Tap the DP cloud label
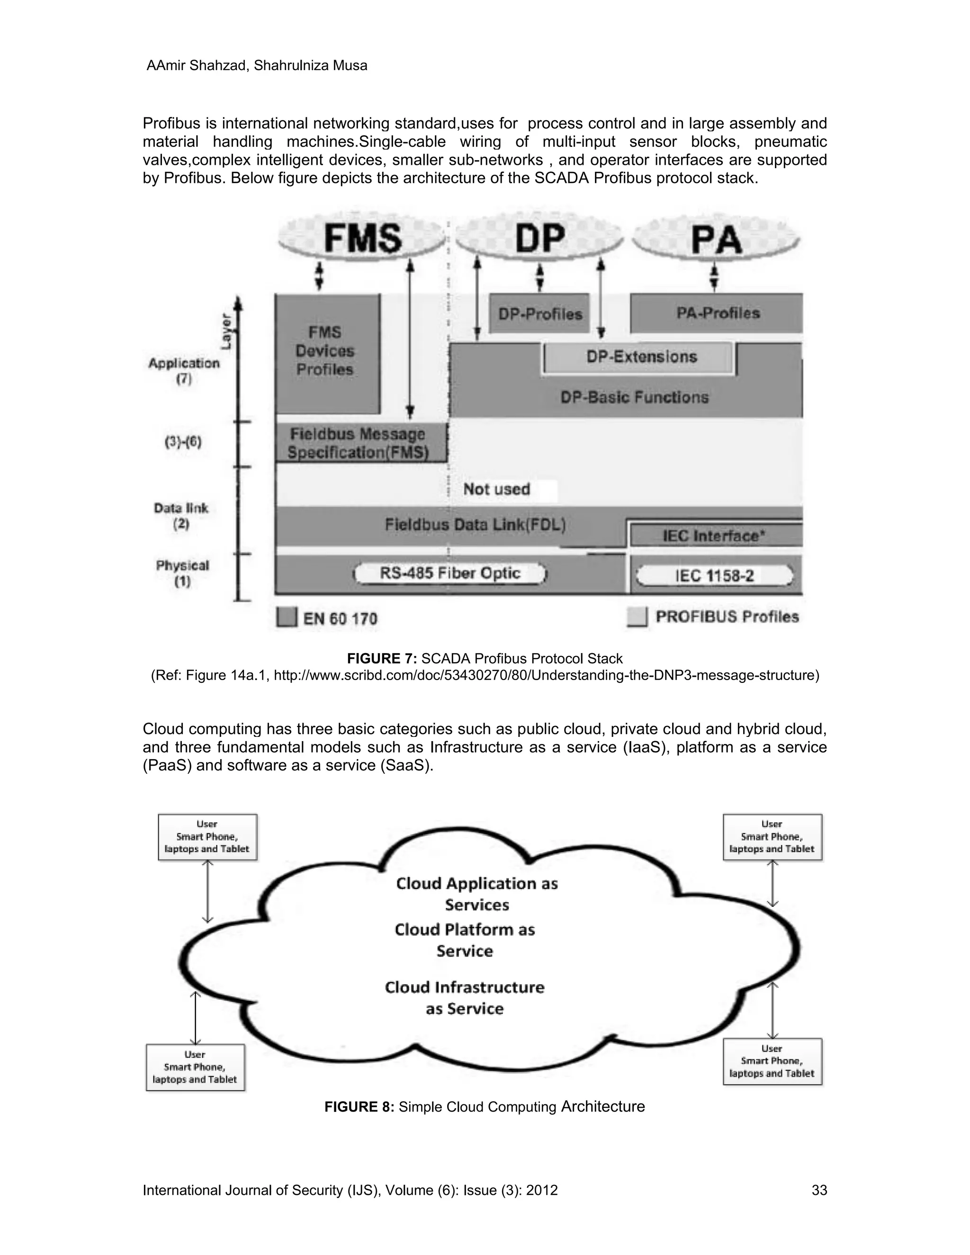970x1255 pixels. click(x=539, y=239)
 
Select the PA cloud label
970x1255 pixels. click(x=716, y=240)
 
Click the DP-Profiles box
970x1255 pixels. click(x=539, y=314)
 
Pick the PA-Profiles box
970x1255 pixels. click(x=717, y=313)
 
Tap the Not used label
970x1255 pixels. click(x=496, y=490)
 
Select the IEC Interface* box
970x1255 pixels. click(x=714, y=536)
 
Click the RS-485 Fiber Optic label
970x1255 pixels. click(x=450, y=574)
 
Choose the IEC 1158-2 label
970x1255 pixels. click(x=714, y=576)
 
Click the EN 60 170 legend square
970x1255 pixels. click(x=286, y=617)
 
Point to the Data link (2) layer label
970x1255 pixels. click(x=180, y=515)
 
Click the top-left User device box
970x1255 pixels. click(x=207, y=837)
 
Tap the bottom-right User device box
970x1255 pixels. click(x=772, y=1061)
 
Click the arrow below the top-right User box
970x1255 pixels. click(x=772, y=884)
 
